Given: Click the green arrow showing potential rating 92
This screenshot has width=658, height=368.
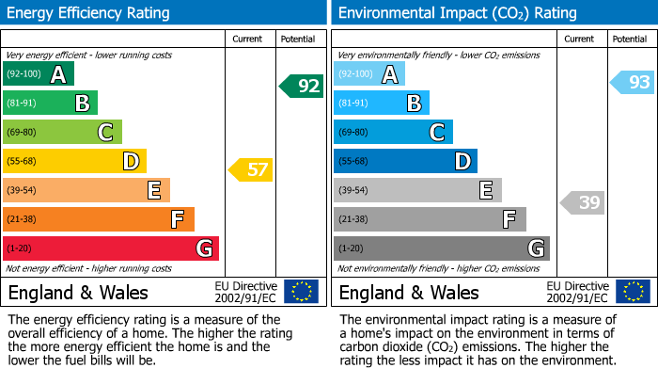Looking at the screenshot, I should pyautogui.click(x=302, y=87).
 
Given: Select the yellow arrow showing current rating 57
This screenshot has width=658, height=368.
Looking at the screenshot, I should pyautogui.click(x=252, y=170).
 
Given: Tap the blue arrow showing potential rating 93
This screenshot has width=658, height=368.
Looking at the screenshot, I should pyautogui.click(x=633, y=83).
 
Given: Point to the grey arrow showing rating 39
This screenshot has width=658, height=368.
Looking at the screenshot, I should pyautogui.click(x=583, y=202).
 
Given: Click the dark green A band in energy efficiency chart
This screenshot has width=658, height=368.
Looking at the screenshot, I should pyautogui.click(x=39, y=74).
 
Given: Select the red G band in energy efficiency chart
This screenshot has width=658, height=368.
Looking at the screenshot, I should pyautogui.click(x=111, y=248).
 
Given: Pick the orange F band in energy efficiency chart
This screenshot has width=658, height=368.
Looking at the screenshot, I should pyautogui.click(x=99, y=219).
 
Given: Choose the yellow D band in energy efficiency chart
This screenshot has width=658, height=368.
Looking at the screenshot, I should pyautogui.click(x=75, y=162).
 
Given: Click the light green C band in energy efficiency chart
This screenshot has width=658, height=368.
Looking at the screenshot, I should pyautogui.click(x=63, y=133).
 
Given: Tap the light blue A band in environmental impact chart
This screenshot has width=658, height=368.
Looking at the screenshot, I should pyautogui.click(x=369, y=74).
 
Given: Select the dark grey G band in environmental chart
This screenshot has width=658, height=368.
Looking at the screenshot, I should pyautogui.click(x=442, y=248).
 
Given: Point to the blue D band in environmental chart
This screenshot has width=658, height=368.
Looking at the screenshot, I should pyautogui.click(x=406, y=162).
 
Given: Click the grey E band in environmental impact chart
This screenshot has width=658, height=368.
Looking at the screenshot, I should pyautogui.click(x=418, y=190).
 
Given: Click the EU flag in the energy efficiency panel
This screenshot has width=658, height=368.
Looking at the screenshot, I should pyautogui.click(x=301, y=292).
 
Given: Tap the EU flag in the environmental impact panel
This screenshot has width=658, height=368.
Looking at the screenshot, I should pyautogui.click(x=632, y=292).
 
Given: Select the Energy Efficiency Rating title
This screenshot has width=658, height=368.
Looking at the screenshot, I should pyautogui.click(x=89, y=13).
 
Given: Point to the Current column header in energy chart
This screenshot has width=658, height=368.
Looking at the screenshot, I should pyautogui.click(x=247, y=39).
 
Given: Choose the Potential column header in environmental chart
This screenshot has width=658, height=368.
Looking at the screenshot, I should pyautogui.click(x=629, y=39).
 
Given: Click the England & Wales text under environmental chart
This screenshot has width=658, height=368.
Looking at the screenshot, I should pyautogui.click(x=409, y=293).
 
